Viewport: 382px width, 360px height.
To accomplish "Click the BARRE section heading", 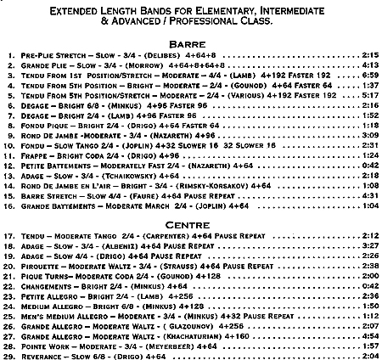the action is [190, 42].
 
